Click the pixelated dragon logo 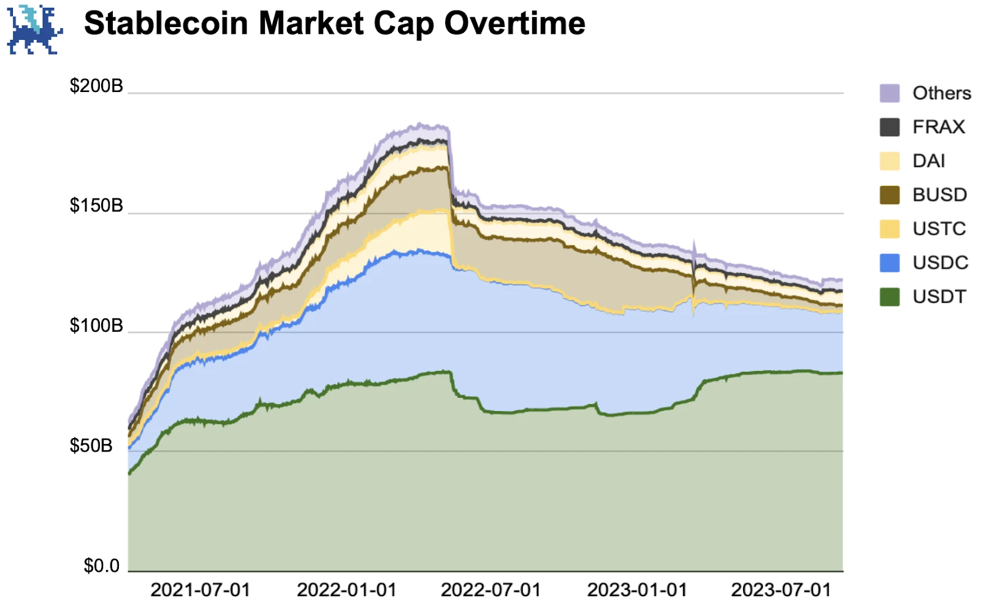[x=34, y=29]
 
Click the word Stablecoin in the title [x=166, y=23]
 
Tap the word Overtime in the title [x=515, y=23]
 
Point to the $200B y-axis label [x=96, y=86]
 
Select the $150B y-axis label [x=96, y=205]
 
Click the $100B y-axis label [x=96, y=325]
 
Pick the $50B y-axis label [x=91, y=445]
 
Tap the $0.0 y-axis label [x=102, y=565]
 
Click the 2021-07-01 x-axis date [x=200, y=590]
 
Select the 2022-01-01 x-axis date [x=346, y=590]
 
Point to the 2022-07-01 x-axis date [x=490, y=590]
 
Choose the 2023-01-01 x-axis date [x=637, y=590]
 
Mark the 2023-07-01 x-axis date [x=781, y=590]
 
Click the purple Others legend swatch [x=890, y=93]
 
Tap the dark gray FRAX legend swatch [x=890, y=127]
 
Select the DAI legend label [x=929, y=161]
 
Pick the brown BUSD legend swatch [x=890, y=195]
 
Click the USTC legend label [x=939, y=229]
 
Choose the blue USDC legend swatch [x=890, y=263]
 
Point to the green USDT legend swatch [x=890, y=297]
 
